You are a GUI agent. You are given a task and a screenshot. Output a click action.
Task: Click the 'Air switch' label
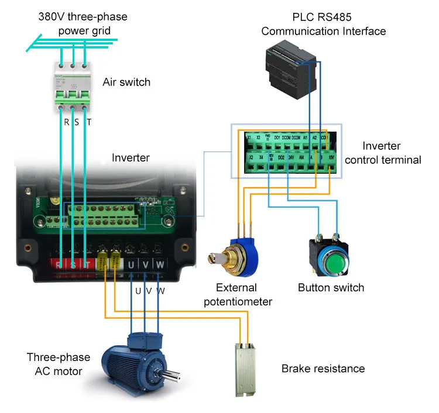click(126, 82)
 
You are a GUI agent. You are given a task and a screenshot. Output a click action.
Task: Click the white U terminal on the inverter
click(131, 265)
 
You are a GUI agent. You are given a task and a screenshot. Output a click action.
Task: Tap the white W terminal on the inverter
click(159, 265)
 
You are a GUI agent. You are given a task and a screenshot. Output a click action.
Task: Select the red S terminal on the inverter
click(72, 265)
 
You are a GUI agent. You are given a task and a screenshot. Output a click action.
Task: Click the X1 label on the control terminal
click(249, 138)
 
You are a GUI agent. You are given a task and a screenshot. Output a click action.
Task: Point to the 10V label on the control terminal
click(331, 158)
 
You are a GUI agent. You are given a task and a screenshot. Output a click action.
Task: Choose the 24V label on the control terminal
click(293, 158)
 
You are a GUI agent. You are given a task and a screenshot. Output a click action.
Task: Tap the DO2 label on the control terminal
click(281, 158)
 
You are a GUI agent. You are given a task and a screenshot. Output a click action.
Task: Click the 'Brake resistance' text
click(323, 369)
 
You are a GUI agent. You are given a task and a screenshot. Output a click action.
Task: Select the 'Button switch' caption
click(331, 287)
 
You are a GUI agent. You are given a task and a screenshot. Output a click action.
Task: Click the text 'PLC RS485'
click(323, 16)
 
